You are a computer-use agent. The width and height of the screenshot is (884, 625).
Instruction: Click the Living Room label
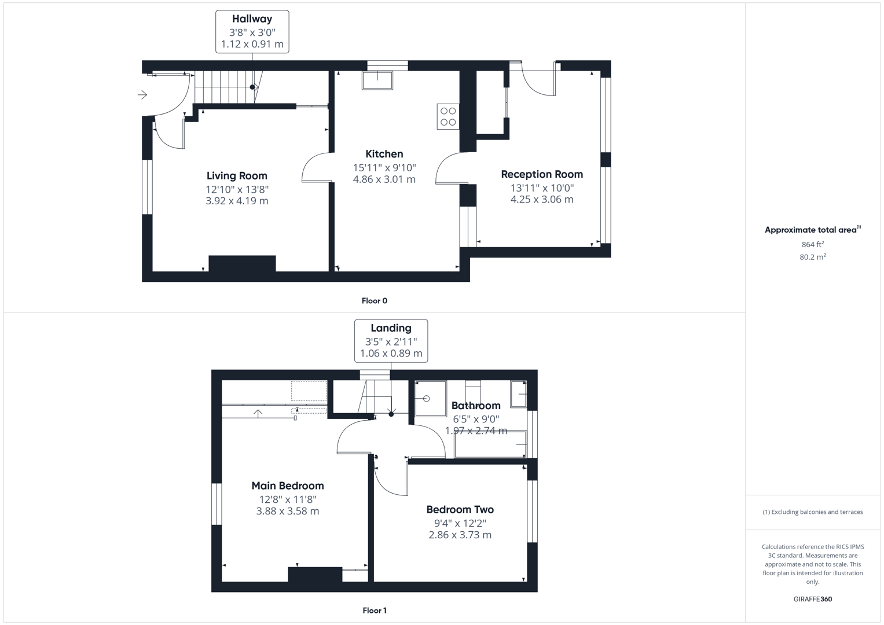coord(237,176)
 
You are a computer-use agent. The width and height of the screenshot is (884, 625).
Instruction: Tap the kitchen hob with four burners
coord(448,116)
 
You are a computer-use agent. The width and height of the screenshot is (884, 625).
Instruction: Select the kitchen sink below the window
coord(377,80)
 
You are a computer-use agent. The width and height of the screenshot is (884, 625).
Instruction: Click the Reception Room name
coord(541,174)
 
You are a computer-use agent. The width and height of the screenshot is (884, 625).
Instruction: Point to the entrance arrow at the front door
coord(142,95)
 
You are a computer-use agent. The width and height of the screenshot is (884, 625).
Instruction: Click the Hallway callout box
coord(252,32)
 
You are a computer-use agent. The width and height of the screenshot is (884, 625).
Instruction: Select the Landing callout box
coord(391,341)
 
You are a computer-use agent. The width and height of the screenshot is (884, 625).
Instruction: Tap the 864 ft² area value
coord(812,244)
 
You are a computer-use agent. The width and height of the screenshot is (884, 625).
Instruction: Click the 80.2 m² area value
coord(812,257)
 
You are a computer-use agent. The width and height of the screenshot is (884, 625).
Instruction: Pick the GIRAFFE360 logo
coord(812,599)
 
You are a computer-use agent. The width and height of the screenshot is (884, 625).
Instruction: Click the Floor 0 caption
coord(374,301)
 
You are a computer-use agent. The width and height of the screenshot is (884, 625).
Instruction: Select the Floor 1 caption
coord(374,611)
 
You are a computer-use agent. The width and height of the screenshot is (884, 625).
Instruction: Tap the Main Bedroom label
coord(287,486)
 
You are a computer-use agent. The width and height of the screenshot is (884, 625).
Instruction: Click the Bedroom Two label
coord(460,510)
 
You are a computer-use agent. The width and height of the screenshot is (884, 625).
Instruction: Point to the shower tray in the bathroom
coord(431,398)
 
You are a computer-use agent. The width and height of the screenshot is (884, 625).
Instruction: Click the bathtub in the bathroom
coord(490,444)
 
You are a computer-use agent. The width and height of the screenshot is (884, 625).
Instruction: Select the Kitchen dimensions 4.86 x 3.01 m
coord(384,179)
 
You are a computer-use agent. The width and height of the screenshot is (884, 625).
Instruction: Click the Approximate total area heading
coord(812,230)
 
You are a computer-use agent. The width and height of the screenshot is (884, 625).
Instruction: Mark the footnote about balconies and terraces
coord(812,512)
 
